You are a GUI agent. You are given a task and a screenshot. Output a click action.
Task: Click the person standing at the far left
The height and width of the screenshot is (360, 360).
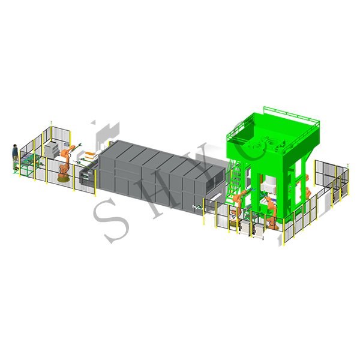(15, 157)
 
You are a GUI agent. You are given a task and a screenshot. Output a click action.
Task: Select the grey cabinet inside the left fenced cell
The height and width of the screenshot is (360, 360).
(52, 150)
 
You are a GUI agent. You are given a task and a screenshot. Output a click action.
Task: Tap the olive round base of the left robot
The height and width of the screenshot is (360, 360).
(63, 179)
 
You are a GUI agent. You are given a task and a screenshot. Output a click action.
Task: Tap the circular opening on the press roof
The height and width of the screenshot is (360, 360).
(272, 143)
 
